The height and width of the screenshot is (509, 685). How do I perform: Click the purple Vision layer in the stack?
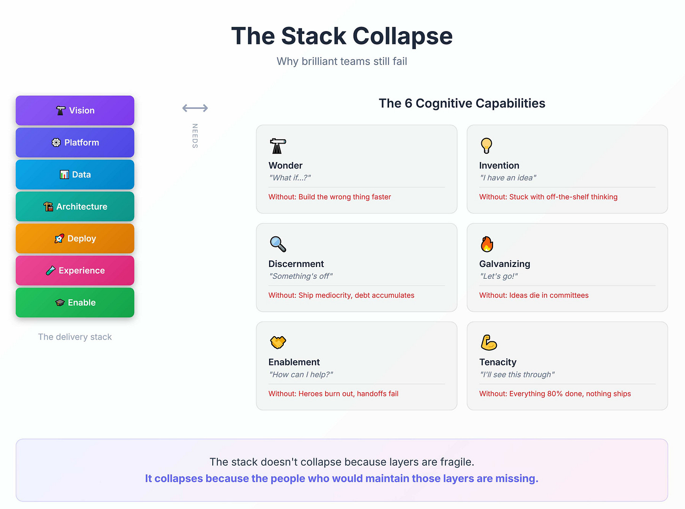75,111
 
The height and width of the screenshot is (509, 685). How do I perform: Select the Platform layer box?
75,143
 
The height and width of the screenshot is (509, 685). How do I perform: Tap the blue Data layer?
75,175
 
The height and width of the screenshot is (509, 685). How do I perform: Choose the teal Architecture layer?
75,207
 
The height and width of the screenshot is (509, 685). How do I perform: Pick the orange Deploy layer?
75,239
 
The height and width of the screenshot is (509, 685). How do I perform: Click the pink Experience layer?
75,271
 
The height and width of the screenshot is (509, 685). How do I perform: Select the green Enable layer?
75,303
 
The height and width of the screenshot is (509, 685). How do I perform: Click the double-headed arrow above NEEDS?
195,108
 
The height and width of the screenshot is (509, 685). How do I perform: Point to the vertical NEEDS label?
195,136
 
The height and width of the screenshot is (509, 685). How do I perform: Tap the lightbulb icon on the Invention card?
486,146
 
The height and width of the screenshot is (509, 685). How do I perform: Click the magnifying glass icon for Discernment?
278,244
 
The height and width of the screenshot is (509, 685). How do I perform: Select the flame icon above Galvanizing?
487,244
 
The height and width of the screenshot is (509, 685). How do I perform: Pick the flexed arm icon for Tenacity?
489,343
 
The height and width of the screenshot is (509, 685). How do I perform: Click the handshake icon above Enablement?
278,342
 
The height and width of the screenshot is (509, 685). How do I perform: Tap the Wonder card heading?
286,166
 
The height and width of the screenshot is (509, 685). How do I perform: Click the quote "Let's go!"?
499,276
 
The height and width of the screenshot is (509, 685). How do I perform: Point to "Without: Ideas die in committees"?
534,295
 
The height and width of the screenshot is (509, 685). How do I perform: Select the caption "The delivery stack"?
75,337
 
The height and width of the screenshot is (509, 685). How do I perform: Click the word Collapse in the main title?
402,36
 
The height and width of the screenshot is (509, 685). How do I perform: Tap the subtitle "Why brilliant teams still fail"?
342,62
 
